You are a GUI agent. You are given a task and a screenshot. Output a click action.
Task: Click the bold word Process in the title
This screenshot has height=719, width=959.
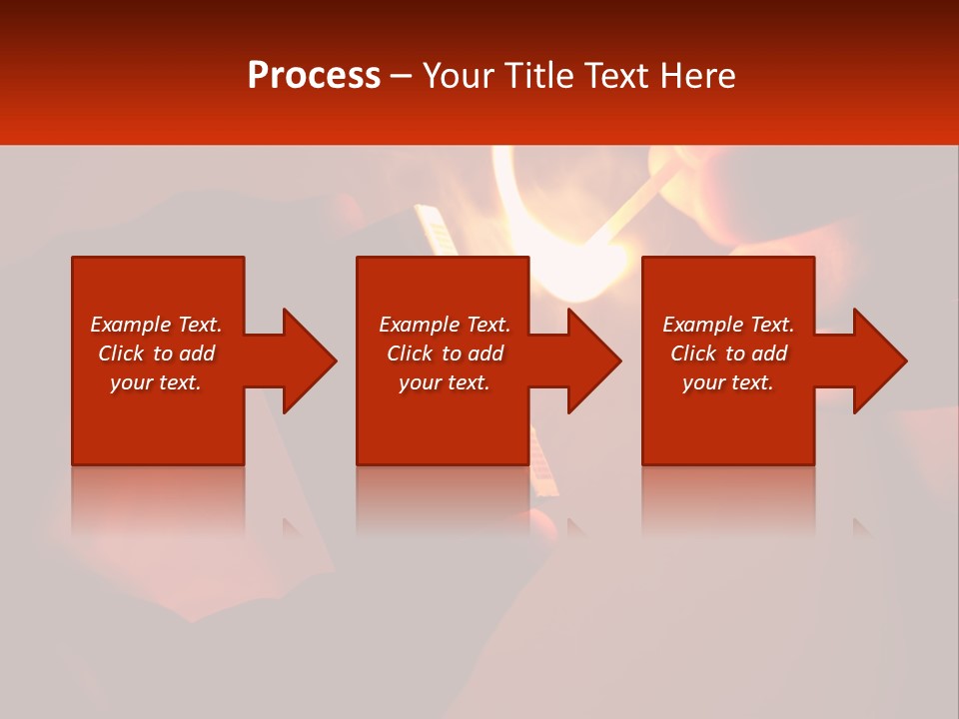click(x=314, y=76)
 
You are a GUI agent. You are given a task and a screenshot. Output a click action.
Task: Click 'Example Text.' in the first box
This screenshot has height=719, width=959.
click(x=156, y=325)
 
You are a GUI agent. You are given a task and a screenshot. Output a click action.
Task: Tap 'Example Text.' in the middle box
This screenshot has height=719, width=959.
click(x=445, y=325)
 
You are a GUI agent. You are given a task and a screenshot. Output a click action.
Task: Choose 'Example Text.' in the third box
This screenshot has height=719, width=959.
click(x=728, y=325)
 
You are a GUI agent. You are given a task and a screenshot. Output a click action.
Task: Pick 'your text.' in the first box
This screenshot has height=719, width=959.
click(x=156, y=382)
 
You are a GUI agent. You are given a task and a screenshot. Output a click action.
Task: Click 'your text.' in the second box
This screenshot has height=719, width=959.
click(x=445, y=382)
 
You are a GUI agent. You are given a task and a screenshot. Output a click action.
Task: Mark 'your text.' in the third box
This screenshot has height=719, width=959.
click(x=728, y=382)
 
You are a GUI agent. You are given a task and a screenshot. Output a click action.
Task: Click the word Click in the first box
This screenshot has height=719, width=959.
click(x=121, y=354)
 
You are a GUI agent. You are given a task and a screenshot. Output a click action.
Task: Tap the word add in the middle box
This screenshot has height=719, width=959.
click(x=485, y=354)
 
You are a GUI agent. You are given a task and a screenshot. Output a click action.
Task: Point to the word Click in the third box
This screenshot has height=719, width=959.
click(x=693, y=354)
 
